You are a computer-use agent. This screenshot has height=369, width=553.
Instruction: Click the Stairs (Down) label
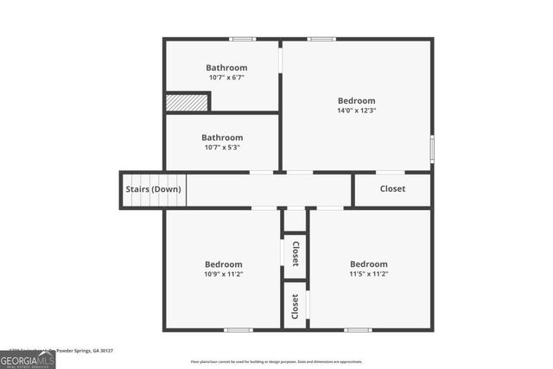tap(154, 189)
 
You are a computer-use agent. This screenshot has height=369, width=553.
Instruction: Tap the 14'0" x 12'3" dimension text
tap(356, 111)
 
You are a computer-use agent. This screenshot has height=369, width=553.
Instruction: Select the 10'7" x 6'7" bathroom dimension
tap(226, 78)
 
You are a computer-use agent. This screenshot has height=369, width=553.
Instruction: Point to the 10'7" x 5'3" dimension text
tap(222, 147)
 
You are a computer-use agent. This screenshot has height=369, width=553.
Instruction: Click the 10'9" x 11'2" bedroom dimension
tap(224, 274)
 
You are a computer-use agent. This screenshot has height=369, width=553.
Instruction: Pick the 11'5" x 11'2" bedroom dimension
tap(368, 274)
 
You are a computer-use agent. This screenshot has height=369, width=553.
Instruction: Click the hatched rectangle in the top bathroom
tap(188, 102)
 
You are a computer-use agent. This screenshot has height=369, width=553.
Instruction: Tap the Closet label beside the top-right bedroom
tap(392, 188)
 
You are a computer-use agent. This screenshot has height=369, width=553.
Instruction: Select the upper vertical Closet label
tap(296, 254)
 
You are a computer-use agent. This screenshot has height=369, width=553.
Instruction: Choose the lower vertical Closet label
tap(296, 306)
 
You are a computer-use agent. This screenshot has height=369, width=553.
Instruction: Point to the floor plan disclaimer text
tap(276, 362)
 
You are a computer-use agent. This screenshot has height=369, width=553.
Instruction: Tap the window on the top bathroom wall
tap(243, 39)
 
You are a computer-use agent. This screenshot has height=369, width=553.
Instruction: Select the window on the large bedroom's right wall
tap(431, 148)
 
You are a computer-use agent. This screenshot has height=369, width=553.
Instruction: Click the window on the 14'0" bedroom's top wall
tap(321, 39)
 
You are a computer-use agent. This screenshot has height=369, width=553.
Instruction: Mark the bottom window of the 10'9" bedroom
tap(238, 329)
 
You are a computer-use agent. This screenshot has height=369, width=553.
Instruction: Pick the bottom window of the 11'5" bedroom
tap(358, 329)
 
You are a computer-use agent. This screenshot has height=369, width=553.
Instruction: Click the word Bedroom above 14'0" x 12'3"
tap(356, 100)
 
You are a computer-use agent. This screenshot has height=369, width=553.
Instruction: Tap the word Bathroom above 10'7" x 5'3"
tap(222, 137)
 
